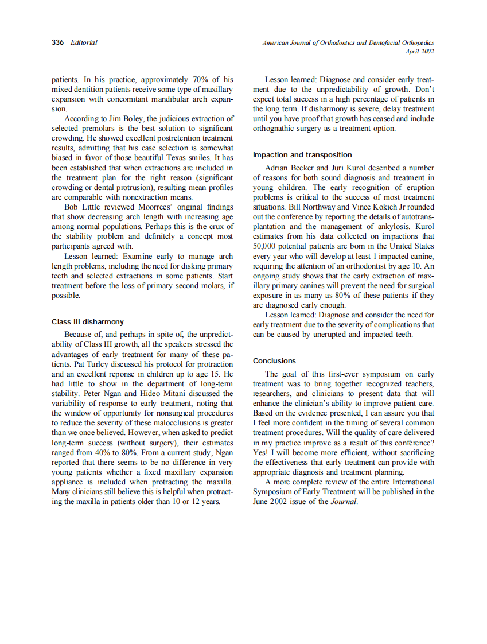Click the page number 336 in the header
[x=57, y=42]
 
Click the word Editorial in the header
[x=84, y=42]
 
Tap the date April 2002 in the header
[x=419, y=51]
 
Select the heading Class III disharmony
[x=88, y=322]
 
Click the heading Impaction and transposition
[x=302, y=155]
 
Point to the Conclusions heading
[x=274, y=360]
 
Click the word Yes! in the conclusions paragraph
[x=261, y=452]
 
